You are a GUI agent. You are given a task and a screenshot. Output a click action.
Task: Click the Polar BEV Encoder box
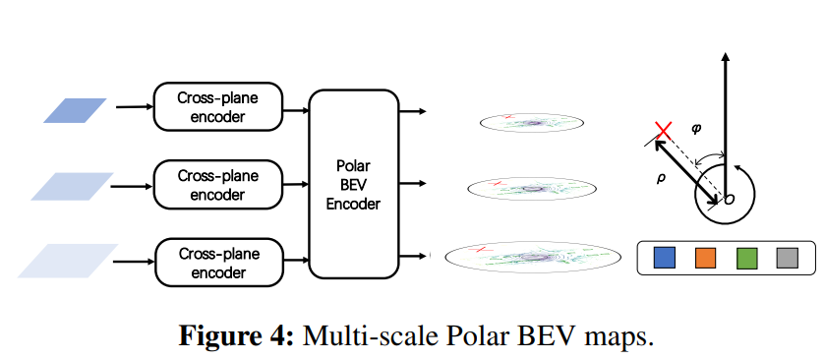click(353, 183)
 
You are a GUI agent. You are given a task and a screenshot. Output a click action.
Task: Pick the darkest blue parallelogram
click(76, 109)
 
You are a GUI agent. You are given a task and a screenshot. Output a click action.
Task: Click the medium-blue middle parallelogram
click(72, 186)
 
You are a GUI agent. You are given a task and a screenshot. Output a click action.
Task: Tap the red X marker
click(665, 131)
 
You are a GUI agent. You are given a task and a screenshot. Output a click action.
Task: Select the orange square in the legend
click(706, 259)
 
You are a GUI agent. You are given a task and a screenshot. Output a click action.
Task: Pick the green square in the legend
click(747, 259)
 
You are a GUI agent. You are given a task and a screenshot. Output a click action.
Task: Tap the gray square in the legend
click(788, 259)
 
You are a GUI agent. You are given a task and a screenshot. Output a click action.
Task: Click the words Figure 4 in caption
click(235, 336)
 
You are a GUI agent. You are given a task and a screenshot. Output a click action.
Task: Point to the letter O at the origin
click(729, 200)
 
